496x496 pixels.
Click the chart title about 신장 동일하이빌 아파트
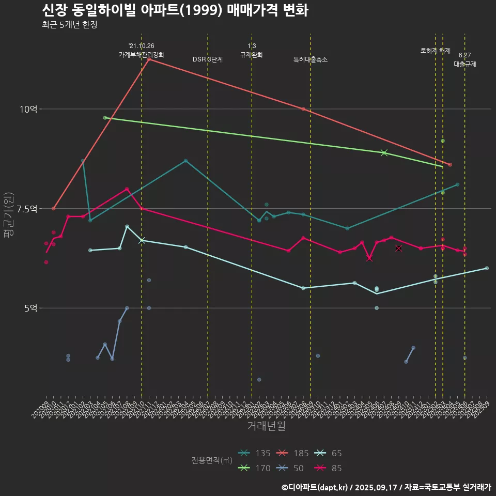click(175, 10)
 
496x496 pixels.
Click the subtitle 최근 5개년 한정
click(69, 25)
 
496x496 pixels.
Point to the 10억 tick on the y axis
click(28, 109)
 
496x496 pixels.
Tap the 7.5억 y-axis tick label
click(26, 209)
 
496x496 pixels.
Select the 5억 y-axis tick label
click(30, 308)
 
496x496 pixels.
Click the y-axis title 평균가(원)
click(8, 214)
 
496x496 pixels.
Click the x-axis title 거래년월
click(266, 426)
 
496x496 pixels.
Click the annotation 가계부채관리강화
click(142, 54)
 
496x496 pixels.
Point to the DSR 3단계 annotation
click(208, 59)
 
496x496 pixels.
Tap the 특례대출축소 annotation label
click(311, 59)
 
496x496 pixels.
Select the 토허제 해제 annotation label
click(436, 51)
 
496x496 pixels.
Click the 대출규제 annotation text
click(465, 65)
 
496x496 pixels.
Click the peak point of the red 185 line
click(149, 59)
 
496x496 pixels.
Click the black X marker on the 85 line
click(398, 249)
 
